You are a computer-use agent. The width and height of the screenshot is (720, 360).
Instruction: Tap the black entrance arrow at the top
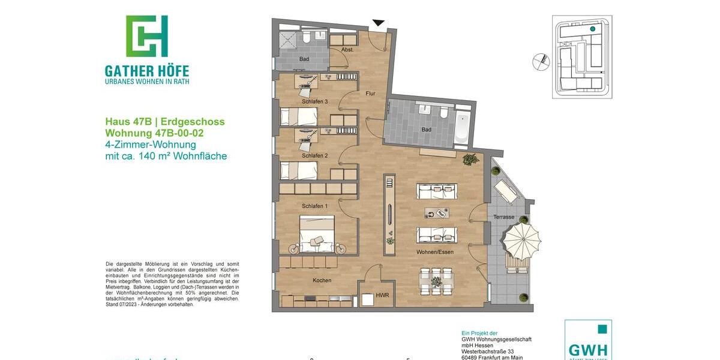pos(378,23)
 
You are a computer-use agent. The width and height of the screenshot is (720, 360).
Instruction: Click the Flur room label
pos(370,94)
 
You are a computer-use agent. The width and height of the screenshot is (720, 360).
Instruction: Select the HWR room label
pos(382,295)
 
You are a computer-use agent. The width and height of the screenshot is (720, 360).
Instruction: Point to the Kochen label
pos(322,280)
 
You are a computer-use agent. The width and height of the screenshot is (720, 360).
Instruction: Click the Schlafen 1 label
pos(314,206)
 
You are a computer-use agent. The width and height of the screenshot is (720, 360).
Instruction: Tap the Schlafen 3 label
pos(314,102)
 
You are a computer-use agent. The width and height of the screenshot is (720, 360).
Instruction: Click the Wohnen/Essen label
pos(435,252)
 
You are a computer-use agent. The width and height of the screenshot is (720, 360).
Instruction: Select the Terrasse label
pos(504,217)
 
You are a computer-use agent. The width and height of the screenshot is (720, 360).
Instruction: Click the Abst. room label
pos(347,49)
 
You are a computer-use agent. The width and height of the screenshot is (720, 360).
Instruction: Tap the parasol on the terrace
pos(521,240)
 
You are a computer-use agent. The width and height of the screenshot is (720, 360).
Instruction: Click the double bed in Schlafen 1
pos(316,235)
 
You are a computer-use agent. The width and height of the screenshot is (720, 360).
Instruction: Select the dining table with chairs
pos(436,281)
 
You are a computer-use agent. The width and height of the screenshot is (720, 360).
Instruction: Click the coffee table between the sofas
pos(437,212)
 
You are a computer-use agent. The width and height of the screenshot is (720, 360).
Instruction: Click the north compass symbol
pos(541,61)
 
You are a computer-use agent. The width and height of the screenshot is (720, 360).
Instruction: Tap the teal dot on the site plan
pos(592,29)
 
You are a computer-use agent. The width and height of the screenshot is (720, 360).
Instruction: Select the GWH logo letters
pos(588,349)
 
